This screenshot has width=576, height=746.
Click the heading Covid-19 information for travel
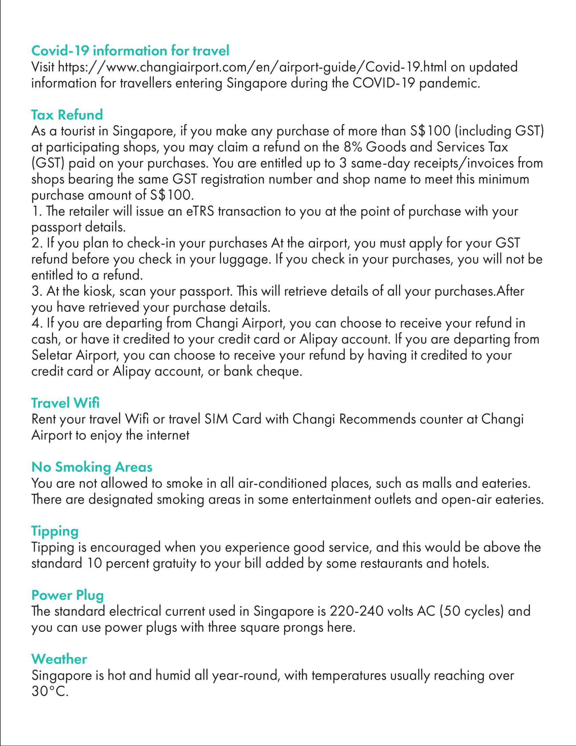click(x=130, y=51)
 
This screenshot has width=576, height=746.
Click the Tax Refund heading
click(x=67, y=115)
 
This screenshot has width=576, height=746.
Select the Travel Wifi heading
click(x=65, y=403)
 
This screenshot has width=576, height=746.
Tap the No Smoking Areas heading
click(x=92, y=466)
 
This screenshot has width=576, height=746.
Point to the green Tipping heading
click(x=55, y=531)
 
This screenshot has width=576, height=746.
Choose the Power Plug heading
click(x=67, y=595)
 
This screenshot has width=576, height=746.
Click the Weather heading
click(x=59, y=659)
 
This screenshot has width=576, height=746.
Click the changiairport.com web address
click(x=252, y=67)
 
